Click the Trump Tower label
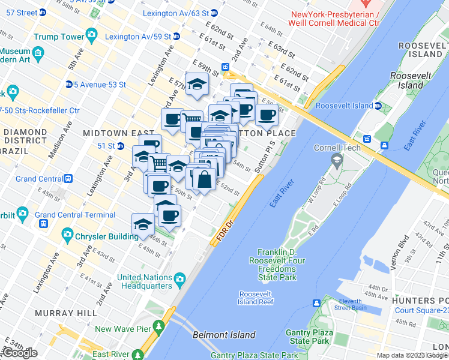point(59,37)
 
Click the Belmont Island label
point(224,335)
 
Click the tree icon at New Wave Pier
point(158,328)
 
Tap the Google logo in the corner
point(20,353)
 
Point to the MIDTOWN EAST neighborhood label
point(111,133)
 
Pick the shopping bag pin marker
point(204,179)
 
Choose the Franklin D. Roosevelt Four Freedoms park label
point(277,265)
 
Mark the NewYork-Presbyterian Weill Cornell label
point(335,18)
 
